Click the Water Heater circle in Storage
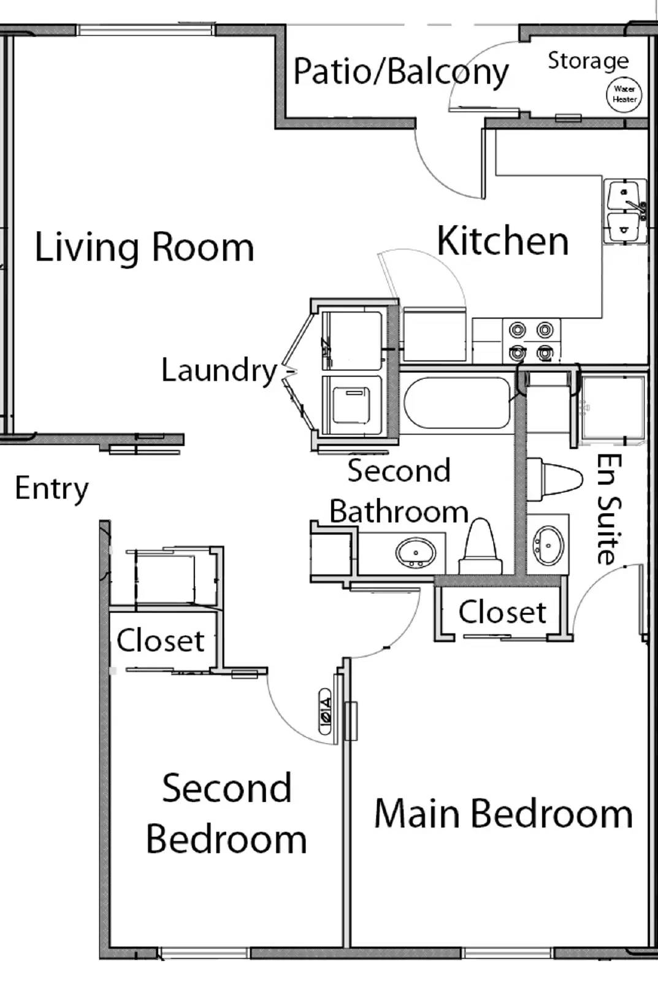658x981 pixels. [x=624, y=94]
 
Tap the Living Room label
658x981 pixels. [x=144, y=247]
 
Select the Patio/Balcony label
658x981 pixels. [x=401, y=72]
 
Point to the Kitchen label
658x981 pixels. [x=503, y=240]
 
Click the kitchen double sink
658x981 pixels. [x=624, y=212]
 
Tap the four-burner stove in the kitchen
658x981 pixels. [x=531, y=342]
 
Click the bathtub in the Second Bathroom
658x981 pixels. [x=457, y=402]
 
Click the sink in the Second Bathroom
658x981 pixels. [x=416, y=552]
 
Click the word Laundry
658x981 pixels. [x=220, y=370]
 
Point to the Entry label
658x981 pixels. [x=52, y=489]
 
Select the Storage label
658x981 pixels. [x=587, y=60]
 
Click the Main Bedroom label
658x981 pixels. [x=503, y=814]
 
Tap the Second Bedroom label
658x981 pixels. [x=226, y=814]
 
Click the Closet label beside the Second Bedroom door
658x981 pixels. [x=160, y=641]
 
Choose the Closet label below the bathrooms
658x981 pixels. [x=502, y=612]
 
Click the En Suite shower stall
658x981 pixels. [x=612, y=408]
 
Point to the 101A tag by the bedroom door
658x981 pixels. [x=325, y=711]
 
